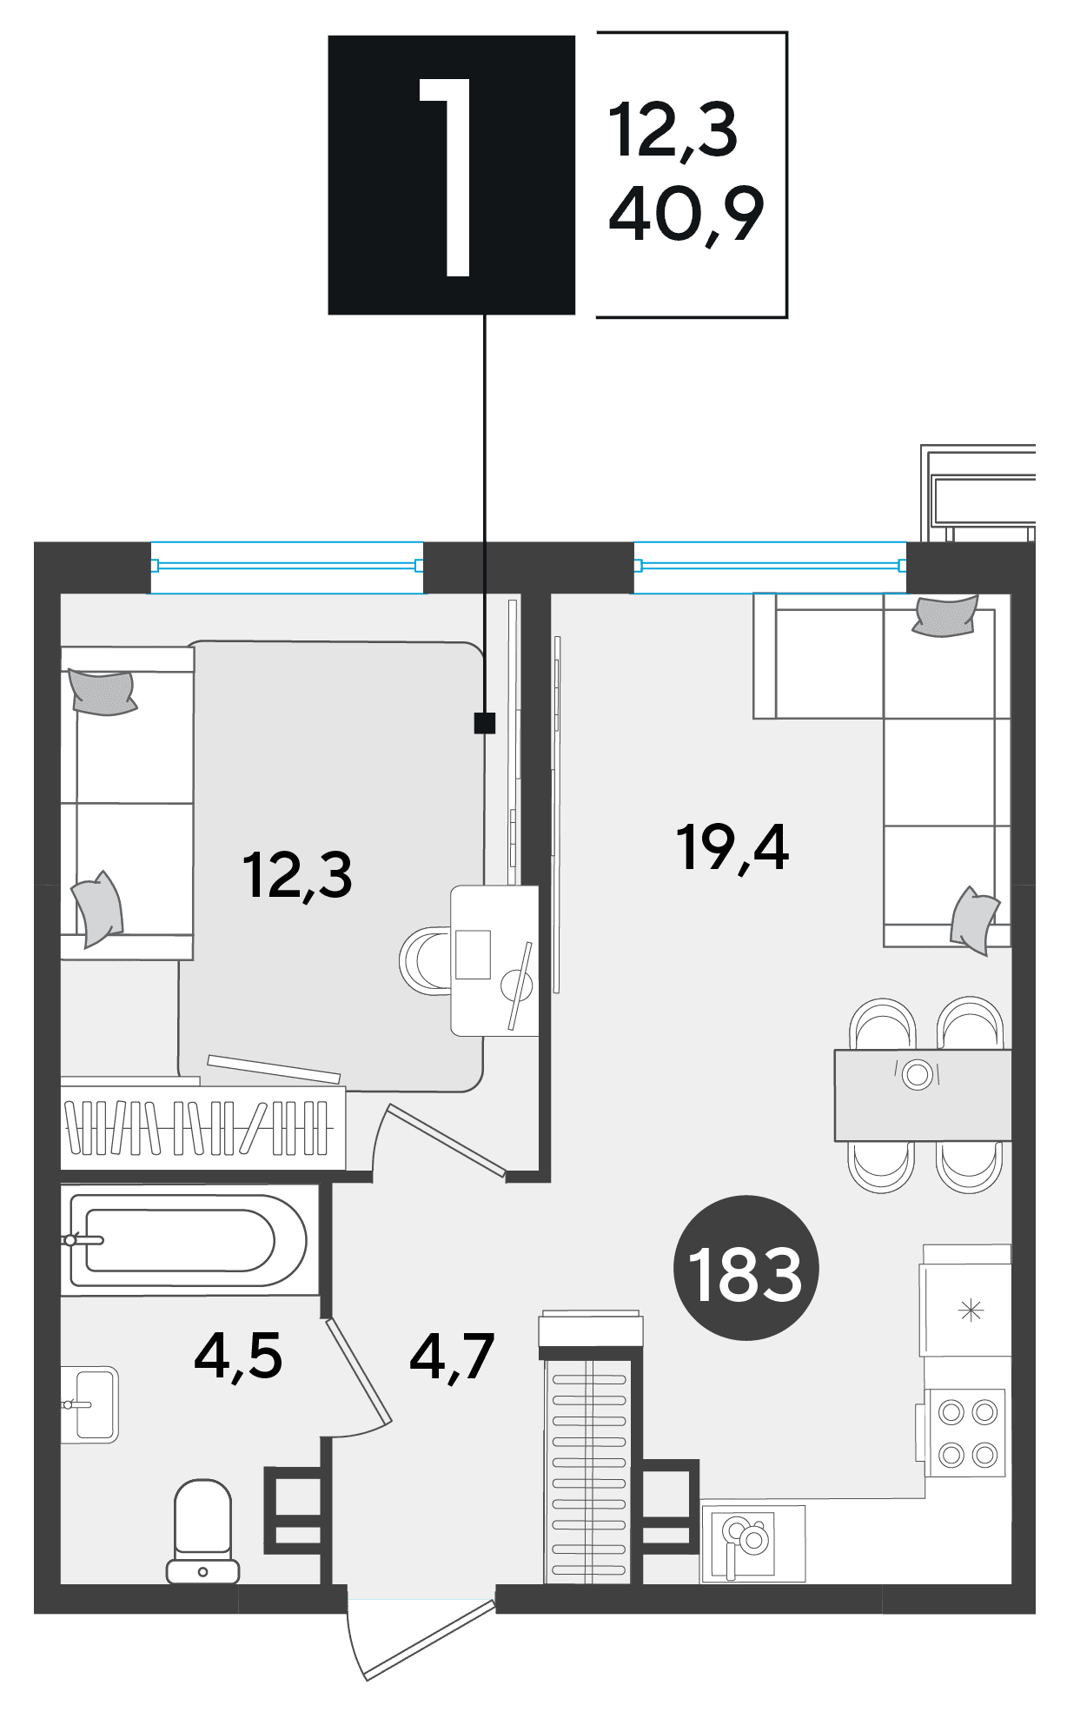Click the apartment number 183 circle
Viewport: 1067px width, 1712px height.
[x=746, y=1268]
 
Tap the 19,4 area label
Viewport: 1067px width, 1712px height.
[x=732, y=847]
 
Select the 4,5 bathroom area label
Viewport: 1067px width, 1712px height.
[x=238, y=1356]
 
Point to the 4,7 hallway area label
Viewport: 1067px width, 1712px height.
[x=452, y=1356]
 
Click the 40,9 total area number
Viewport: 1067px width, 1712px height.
[x=686, y=214]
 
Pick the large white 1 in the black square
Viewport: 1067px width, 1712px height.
[x=447, y=177]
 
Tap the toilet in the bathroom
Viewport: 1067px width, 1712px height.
[x=202, y=1531]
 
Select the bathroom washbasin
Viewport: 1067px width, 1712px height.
[x=90, y=1403]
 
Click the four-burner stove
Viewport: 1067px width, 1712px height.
[x=966, y=1433]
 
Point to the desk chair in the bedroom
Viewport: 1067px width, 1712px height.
[x=426, y=961]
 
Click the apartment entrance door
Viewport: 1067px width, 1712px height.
[x=422, y=1635]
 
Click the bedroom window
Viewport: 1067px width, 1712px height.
[x=287, y=566]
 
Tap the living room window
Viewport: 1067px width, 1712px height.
[x=770, y=566]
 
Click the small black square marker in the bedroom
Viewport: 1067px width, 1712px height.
[x=484, y=722]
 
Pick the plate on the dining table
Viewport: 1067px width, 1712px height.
[x=917, y=1075]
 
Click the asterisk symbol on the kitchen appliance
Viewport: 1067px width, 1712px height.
[x=970, y=1310]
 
